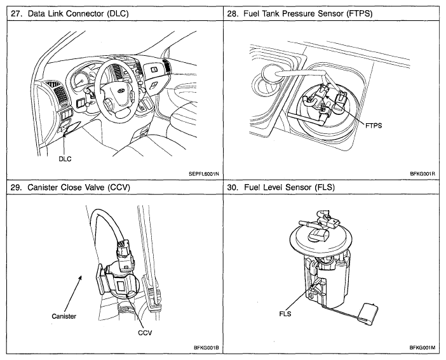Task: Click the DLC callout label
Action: tap(65, 159)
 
